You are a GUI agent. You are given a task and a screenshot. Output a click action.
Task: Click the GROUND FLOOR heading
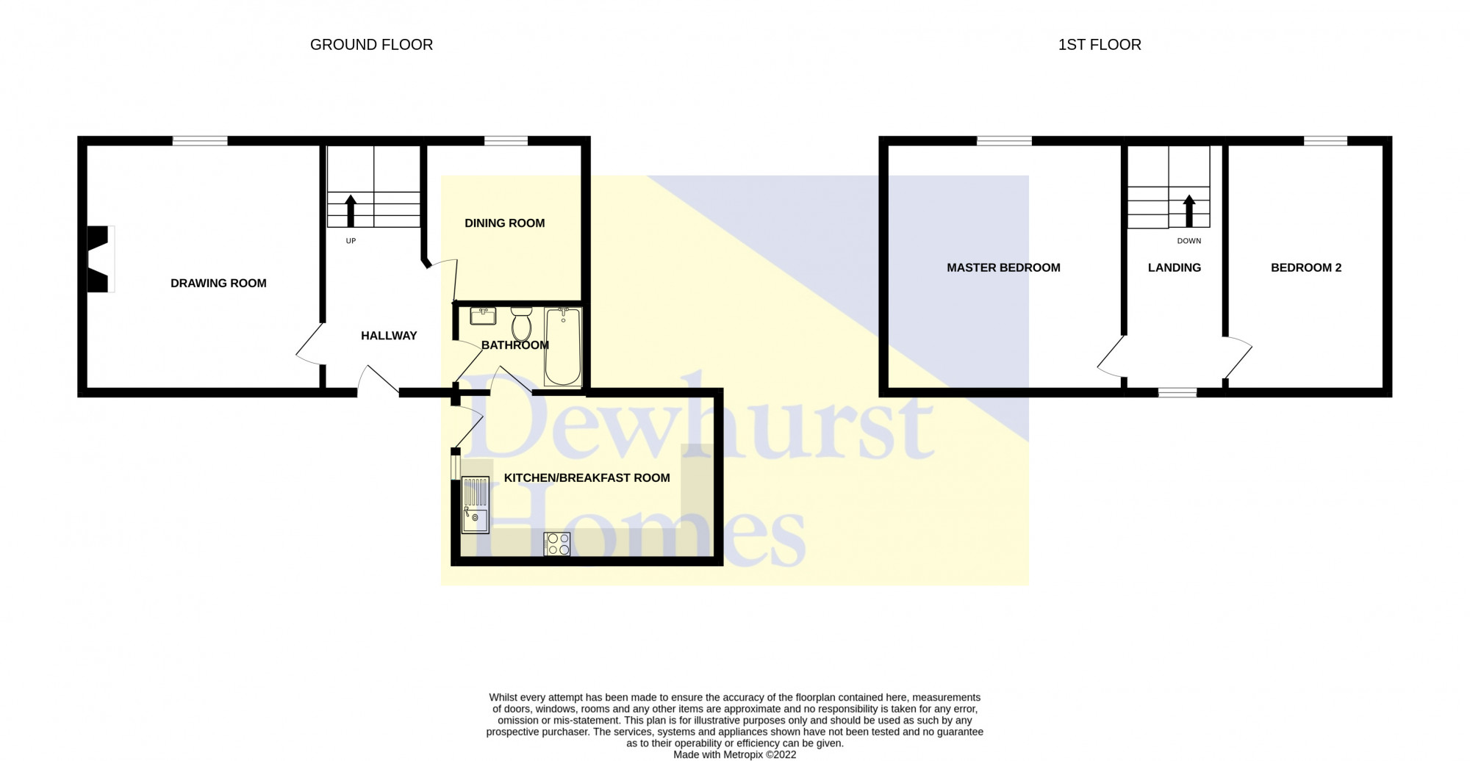(x=371, y=45)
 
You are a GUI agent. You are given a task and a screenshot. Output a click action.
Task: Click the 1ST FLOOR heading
(x=1100, y=45)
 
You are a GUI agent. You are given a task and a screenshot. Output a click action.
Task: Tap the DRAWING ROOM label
(x=218, y=284)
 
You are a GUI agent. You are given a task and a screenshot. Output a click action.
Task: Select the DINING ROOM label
(x=505, y=223)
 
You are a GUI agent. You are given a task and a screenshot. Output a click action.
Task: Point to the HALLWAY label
(x=389, y=336)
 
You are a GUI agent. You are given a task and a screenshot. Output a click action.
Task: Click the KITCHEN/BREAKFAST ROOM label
(x=587, y=478)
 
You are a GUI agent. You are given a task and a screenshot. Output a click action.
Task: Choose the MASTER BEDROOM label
(x=1003, y=268)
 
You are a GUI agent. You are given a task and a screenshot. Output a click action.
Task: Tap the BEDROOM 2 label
(x=1306, y=268)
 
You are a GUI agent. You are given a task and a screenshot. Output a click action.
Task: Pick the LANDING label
(x=1175, y=268)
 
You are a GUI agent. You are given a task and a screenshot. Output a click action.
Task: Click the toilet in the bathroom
(x=521, y=324)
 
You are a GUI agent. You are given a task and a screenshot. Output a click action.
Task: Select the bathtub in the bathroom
(x=563, y=347)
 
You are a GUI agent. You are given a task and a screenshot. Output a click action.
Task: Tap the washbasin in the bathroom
(x=483, y=316)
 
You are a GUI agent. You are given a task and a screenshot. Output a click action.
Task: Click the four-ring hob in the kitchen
(x=557, y=544)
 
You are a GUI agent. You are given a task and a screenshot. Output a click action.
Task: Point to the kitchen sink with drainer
(x=475, y=505)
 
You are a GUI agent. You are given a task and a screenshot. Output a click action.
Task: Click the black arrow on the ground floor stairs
(x=351, y=211)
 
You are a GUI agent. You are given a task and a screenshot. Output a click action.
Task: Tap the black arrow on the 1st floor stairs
(x=1189, y=211)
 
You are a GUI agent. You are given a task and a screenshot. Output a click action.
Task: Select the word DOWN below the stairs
(x=1189, y=241)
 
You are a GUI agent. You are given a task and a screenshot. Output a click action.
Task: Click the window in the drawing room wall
(x=200, y=141)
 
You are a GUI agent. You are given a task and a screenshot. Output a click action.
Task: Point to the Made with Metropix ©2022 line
(x=735, y=754)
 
